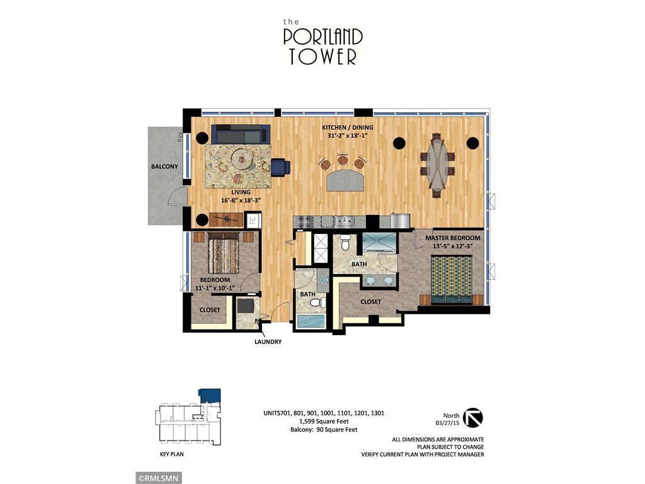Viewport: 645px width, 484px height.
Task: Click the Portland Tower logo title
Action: point(322,42)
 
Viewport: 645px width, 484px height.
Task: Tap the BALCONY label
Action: point(164,167)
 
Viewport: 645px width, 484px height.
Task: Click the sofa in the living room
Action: point(240,134)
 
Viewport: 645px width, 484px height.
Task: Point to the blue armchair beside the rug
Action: point(280,167)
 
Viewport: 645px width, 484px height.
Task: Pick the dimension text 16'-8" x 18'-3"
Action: point(241,200)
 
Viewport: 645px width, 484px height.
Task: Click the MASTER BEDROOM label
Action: point(452,238)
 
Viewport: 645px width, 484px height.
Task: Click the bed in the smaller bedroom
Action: point(224,253)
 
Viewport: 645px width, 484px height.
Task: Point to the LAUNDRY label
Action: point(268,342)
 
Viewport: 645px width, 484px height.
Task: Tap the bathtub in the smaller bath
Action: point(311,320)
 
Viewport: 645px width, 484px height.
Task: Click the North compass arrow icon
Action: point(472,418)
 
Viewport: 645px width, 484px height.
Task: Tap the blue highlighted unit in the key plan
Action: point(210,395)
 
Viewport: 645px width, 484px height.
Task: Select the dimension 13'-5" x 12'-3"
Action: point(452,246)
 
